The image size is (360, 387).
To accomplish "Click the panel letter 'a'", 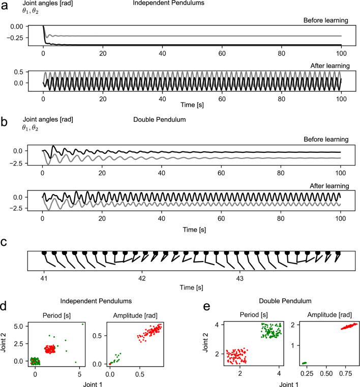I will point(5,8).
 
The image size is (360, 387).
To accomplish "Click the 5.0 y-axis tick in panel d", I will point(18,324).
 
